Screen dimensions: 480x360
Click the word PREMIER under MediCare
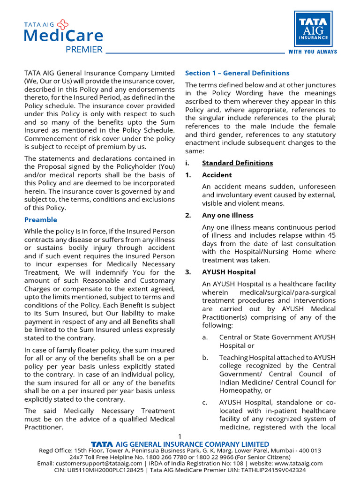(84, 49)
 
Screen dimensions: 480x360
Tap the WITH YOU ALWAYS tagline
(312, 52)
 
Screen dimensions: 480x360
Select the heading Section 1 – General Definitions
(237, 73)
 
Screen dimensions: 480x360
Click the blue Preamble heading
(41, 219)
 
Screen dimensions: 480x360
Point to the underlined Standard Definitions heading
(237, 163)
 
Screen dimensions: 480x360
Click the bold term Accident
(217, 175)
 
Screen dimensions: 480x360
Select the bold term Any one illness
(227, 215)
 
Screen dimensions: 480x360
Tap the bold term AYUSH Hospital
(229, 272)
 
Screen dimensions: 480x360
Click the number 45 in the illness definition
(331, 235)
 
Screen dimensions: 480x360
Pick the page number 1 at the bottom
(180, 436)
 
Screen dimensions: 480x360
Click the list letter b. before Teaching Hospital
(205, 358)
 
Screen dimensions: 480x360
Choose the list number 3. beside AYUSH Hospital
(188, 272)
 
